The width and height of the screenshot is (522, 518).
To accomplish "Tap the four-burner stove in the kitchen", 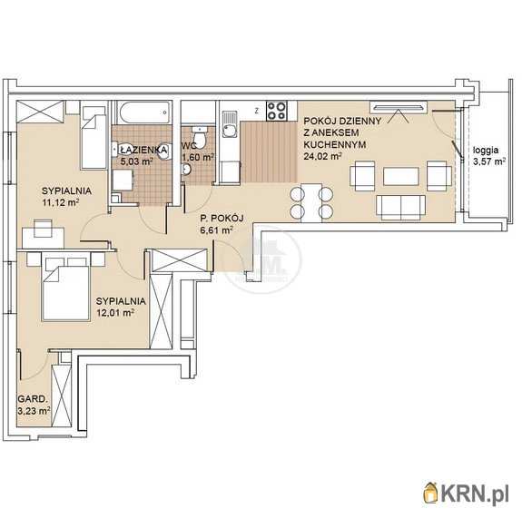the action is click(276, 111).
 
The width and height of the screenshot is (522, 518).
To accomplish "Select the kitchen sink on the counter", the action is click(230, 124).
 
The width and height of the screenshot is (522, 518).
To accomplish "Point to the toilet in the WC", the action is click(200, 136).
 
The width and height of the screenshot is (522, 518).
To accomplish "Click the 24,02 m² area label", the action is click(322, 156).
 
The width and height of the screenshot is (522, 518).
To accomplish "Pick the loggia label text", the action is click(486, 150).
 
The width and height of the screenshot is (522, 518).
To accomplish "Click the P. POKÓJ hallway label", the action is click(222, 219).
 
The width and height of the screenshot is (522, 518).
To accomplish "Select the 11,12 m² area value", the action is click(60, 202).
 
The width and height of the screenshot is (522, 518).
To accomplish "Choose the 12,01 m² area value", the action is click(115, 312).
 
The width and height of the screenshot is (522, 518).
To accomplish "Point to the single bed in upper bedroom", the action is click(94, 137).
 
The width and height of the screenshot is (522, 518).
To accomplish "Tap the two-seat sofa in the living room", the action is click(401, 208).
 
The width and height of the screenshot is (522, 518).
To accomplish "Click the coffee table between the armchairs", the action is click(401, 176).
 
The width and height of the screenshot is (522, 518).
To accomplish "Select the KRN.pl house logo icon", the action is click(431, 492).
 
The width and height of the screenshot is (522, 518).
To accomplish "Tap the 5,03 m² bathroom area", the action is click(136, 161).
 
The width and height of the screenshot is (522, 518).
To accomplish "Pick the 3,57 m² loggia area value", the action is click(489, 161).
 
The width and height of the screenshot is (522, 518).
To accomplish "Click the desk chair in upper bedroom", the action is click(43, 229).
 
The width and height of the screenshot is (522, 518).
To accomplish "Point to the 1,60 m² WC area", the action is click(197, 157).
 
